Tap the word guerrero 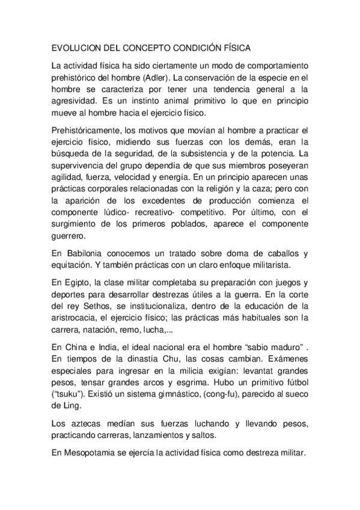point(69,236)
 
